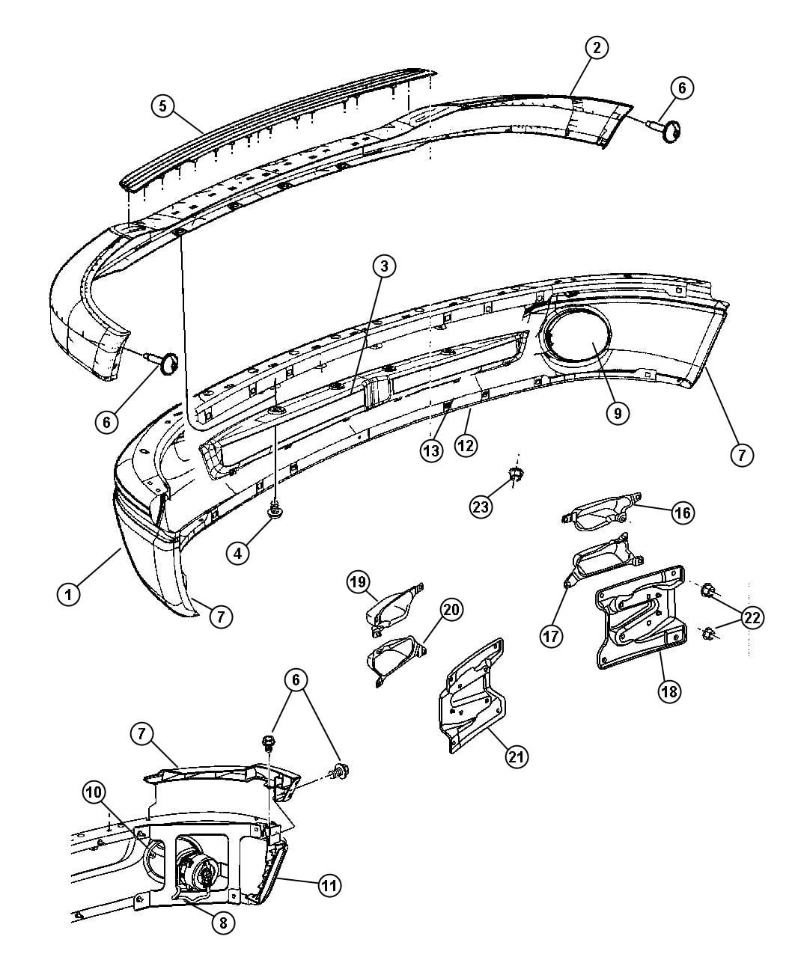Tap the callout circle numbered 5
(x=163, y=106)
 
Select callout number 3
(x=384, y=266)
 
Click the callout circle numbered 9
(x=618, y=413)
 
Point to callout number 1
(x=68, y=594)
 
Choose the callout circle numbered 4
(x=237, y=554)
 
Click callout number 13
(x=431, y=451)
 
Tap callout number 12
(x=466, y=444)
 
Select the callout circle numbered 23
(x=481, y=507)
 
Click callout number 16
(x=683, y=513)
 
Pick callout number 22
(x=752, y=618)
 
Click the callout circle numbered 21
(x=517, y=757)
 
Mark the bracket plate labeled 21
(x=471, y=698)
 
